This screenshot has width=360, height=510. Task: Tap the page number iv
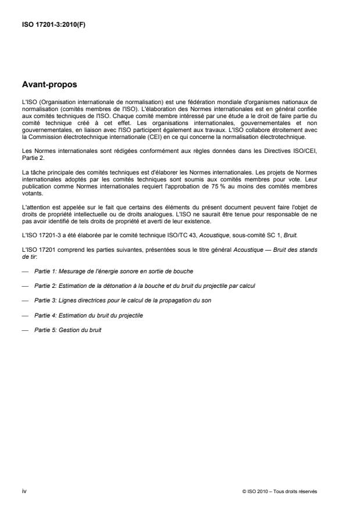click(24, 491)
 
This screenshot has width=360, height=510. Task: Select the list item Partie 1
click(113, 272)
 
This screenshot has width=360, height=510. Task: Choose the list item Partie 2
click(145, 286)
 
